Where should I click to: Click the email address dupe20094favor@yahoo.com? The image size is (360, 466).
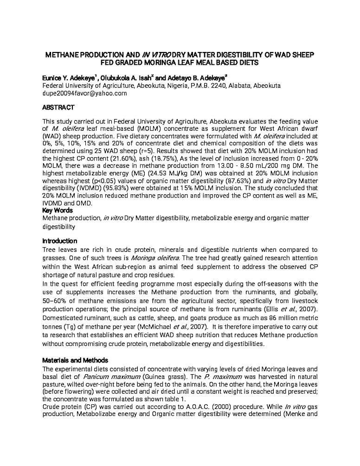point(84,94)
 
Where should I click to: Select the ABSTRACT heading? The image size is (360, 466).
point(58,108)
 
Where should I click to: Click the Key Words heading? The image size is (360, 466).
point(58,211)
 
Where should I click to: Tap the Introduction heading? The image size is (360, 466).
point(60,241)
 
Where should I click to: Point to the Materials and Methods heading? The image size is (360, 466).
point(75,360)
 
